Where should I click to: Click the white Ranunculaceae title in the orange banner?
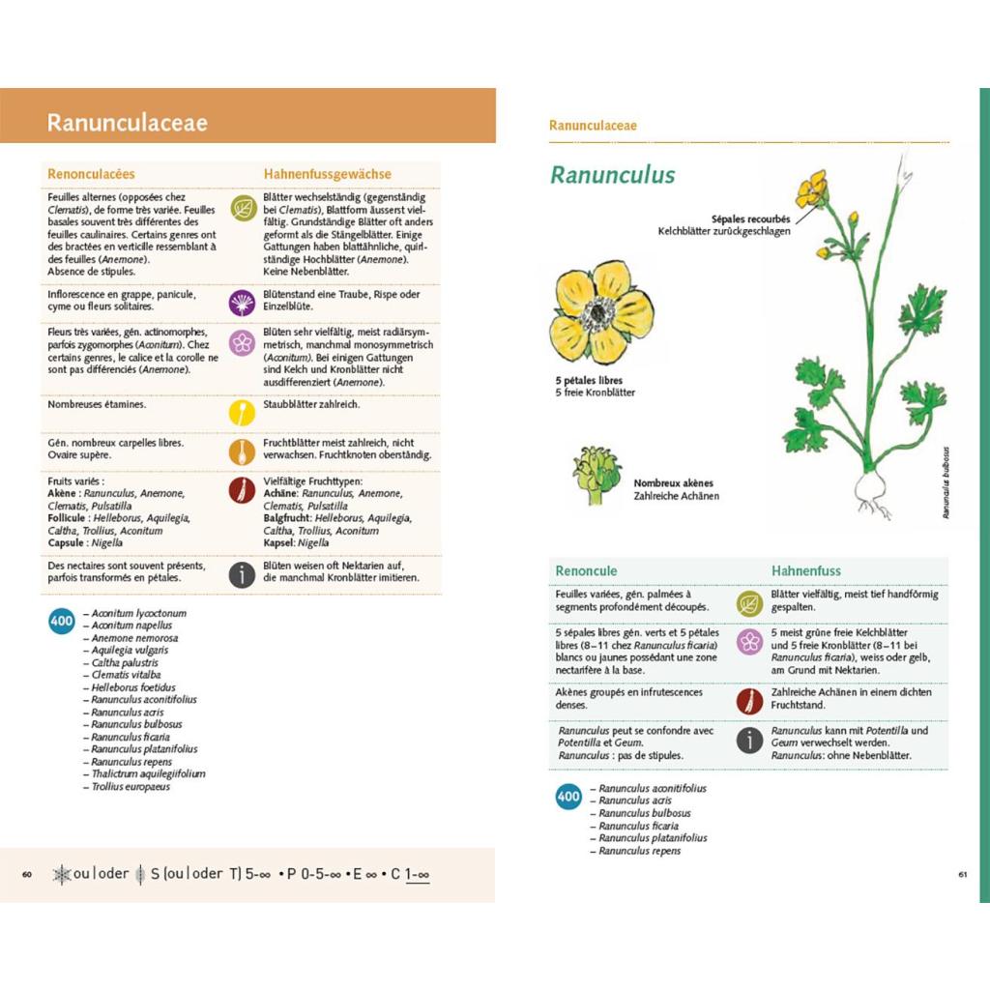coord(128,123)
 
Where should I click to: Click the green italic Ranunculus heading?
coord(612,175)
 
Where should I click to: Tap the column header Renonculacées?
coord(91,174)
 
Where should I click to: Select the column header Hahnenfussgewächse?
coord(327,174)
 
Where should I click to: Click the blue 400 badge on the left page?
coord(62,622)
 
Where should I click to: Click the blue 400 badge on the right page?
coord(568,797)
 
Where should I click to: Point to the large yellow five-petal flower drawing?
coord(601,311)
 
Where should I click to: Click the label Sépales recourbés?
coord(750,219)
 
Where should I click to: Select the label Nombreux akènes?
coord(673,483)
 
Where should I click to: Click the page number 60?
coord(27,875)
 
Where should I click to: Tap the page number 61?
coord(963,875)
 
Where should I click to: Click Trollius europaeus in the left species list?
coord(131,787)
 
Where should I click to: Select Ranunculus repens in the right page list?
coord(639,851)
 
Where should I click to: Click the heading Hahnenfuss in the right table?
coord(805,570)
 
